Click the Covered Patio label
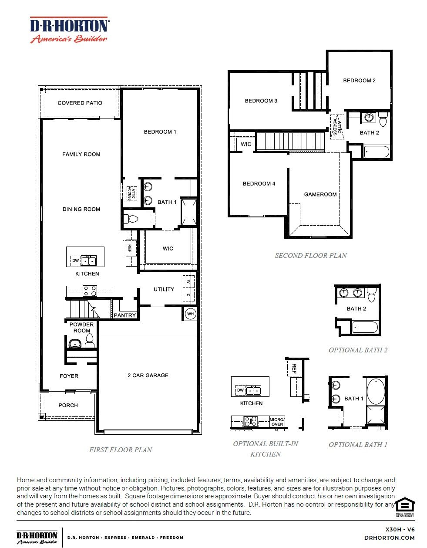(80, 103)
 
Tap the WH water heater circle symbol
(190, 313)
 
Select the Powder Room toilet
(90, 342)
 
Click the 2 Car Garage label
(148, 375)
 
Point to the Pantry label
(125, 315)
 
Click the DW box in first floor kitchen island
(75, 261)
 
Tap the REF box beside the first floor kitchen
(129, 248)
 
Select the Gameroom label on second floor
(320, 194)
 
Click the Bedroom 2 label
(359, 81)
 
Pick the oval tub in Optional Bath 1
(376, 391)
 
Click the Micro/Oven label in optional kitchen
(277, 422)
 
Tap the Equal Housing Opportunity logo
(405, 507)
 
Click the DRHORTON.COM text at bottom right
(389, 538)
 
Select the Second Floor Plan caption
(311, 256)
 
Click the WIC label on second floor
(246, 144)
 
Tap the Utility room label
(164, 289)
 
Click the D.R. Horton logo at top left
(69, 30)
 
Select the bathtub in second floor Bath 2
(377, 152)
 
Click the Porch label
(68, 405)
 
